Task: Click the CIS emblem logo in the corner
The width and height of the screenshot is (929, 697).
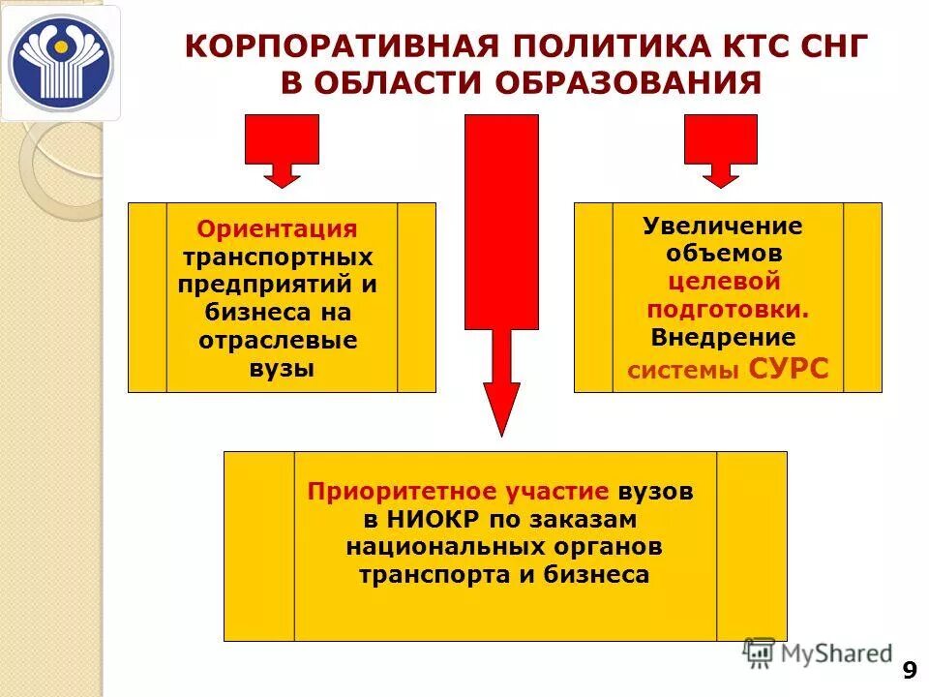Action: point(60,63)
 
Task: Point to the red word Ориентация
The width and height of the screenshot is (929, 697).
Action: point(277,229)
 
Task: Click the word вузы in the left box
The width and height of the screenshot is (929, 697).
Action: point(281,369)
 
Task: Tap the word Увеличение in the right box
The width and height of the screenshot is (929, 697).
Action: point(723,227)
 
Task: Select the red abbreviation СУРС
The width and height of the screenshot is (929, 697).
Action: point(789,369)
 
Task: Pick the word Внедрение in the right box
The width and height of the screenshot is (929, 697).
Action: point(723,338)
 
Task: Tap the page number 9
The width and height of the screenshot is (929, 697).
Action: point(909,670)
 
